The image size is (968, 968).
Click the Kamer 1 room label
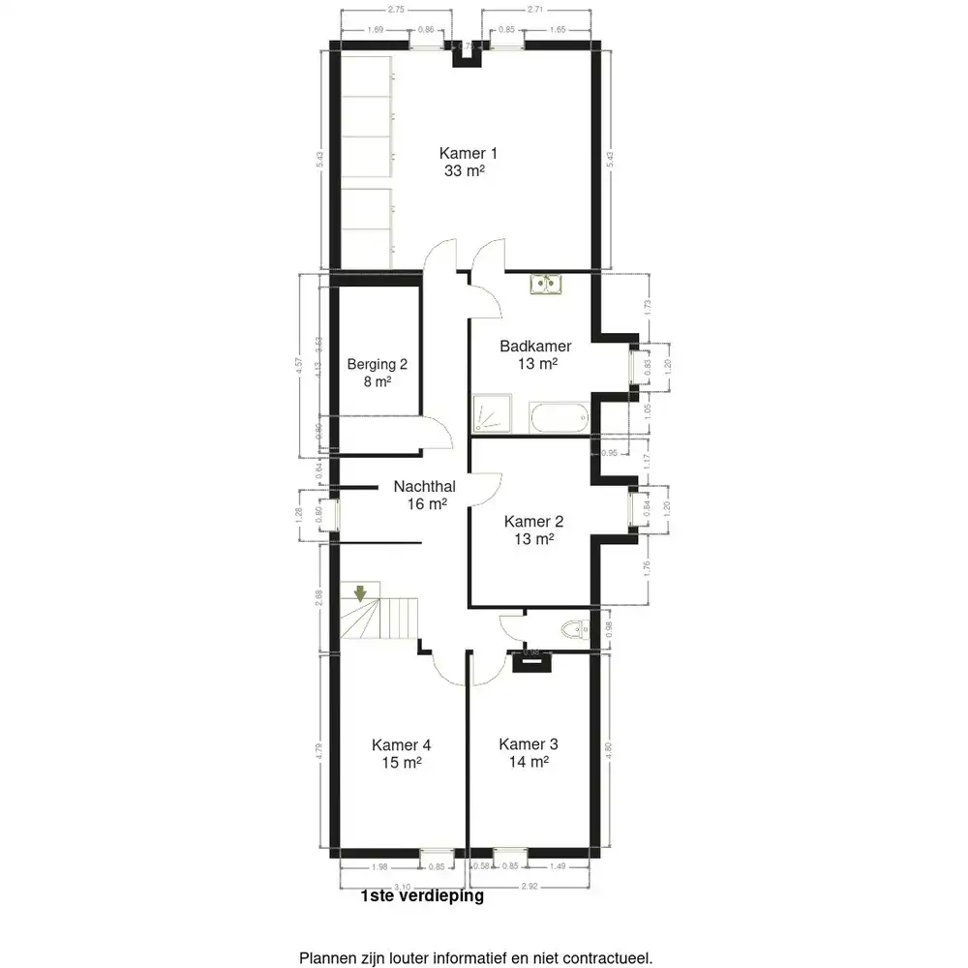click(x=469, y=153)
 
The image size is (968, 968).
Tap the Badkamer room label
click(x=535, y=347)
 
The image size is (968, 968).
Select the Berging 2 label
click(x=378, y=365)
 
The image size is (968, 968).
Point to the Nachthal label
click(x=425, y=487)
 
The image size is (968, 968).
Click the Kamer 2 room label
click(x=534, y=521)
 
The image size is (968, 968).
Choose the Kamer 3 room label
click(x=529, y=743)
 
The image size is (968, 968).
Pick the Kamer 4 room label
click(x=401, y=744)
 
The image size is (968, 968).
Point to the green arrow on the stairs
click(x=360, y=591)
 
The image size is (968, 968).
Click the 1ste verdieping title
click(x=421, y=896)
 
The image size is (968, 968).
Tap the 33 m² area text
click(x=463, y=170)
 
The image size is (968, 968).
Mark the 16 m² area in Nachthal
click(x=426, y=504)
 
